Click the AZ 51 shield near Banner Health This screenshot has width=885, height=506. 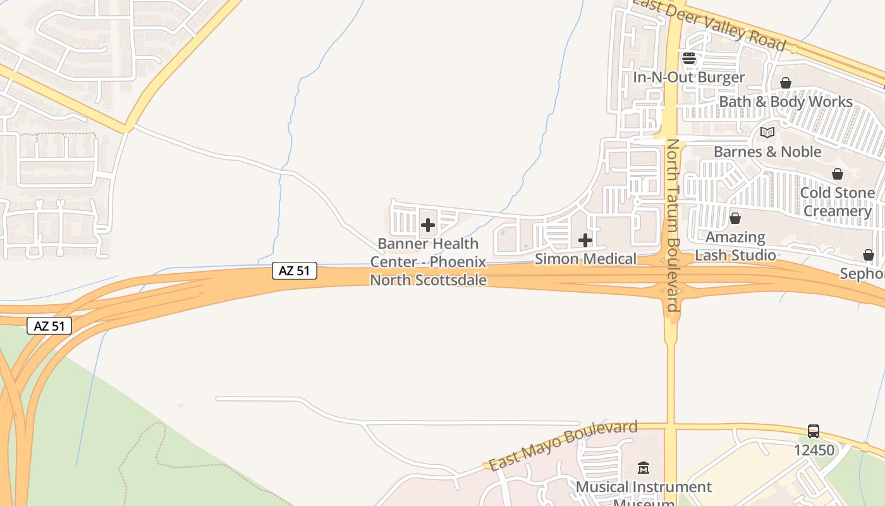point(295,271)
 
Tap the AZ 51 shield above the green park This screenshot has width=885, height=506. point(49,326)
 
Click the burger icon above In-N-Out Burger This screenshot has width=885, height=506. point(688,59)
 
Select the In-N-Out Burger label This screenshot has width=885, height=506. point(689,78)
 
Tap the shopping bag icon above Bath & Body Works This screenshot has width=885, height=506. point(786,83)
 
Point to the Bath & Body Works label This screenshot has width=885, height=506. point(786,102)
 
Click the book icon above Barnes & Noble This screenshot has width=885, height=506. point(767,133)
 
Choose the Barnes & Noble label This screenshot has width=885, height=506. point(767,152)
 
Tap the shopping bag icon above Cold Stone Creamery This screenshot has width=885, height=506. point(838,174)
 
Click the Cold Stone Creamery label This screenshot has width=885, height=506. point(838,202)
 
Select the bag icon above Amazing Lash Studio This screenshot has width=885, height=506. point(735,218)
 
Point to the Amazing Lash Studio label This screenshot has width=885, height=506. point(735,246)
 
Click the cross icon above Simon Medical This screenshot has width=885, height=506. point(585,240)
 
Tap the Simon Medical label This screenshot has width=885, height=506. point(585,259)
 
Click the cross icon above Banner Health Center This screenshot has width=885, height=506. point(428,225)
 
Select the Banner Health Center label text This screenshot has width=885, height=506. point(429,261)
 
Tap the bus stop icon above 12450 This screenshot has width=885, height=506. point(814,431)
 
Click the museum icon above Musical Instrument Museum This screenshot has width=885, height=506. point(644,468)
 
